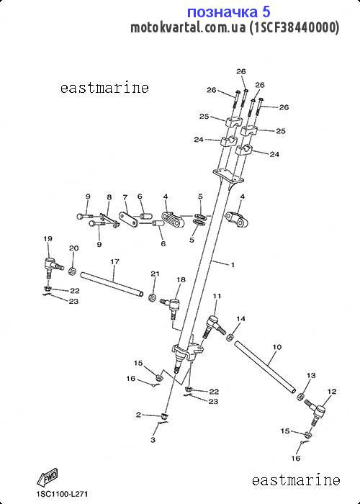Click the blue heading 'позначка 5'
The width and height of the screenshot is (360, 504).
click(x=228, y=12)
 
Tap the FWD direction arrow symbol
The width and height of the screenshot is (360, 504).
click(x=47, y=477)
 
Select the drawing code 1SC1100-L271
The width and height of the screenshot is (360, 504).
click(x=62, y=494)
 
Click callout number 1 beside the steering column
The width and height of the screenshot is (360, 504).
click(x=233, y=265)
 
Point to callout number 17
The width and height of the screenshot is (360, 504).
click(x=114, y=261)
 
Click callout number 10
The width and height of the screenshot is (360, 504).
click(x=276, y=347)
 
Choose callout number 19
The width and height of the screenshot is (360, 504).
click(x=48, y=238)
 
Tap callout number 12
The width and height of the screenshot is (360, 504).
click(x=332, y=392)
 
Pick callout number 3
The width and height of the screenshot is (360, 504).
click(x=153, y=440)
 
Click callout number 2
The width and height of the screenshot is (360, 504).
click(x=138, y=415)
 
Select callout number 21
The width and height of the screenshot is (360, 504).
click(x=156, y=274)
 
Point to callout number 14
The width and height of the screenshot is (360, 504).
click(x=240, y=318)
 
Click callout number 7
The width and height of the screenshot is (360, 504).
click(x=125, y=197)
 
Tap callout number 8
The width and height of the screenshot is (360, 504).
click(x=109, y=197)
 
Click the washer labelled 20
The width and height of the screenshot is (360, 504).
click(x=72, y=271)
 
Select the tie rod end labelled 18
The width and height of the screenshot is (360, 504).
click(x=173, y=306)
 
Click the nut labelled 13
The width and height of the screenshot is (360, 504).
click(x=300, y=396)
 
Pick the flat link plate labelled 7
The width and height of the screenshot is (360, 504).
click(x=129, y=220)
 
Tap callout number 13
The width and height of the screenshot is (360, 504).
click(x=311, y=375)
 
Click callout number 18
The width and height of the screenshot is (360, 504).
click(x=181, y=279)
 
